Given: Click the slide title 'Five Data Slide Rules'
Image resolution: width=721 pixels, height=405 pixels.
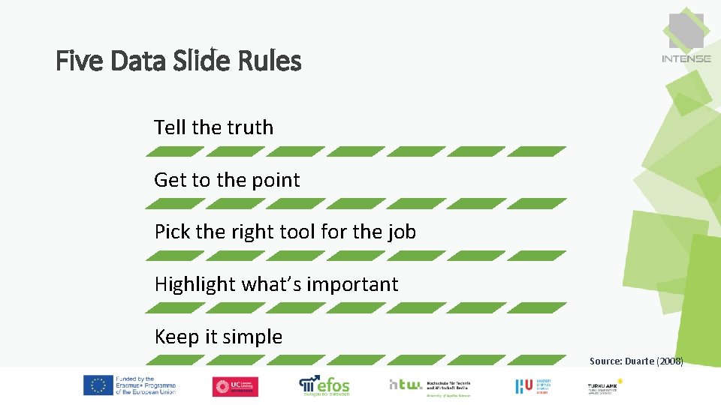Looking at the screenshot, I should (x=179, y=60).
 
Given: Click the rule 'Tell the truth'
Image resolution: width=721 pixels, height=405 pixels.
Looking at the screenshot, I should (x=213, y=127).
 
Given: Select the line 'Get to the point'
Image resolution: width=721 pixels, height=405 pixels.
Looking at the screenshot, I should (x=227, y=180).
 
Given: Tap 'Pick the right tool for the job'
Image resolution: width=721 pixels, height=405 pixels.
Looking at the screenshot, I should (x=285, y=232).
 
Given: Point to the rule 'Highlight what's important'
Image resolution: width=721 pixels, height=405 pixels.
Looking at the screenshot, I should (x=276, y=284).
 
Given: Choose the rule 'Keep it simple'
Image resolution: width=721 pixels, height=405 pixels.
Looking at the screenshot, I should (x=218, y=337).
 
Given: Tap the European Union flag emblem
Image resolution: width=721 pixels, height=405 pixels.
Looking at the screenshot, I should (x=97, y=385).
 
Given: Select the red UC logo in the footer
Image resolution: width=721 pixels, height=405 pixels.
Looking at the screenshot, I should (x=235, y=386).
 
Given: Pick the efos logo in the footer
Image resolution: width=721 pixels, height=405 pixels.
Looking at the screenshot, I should (x=324, y=385).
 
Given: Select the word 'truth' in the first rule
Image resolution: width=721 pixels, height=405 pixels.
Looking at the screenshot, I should (x=251, y=127).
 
